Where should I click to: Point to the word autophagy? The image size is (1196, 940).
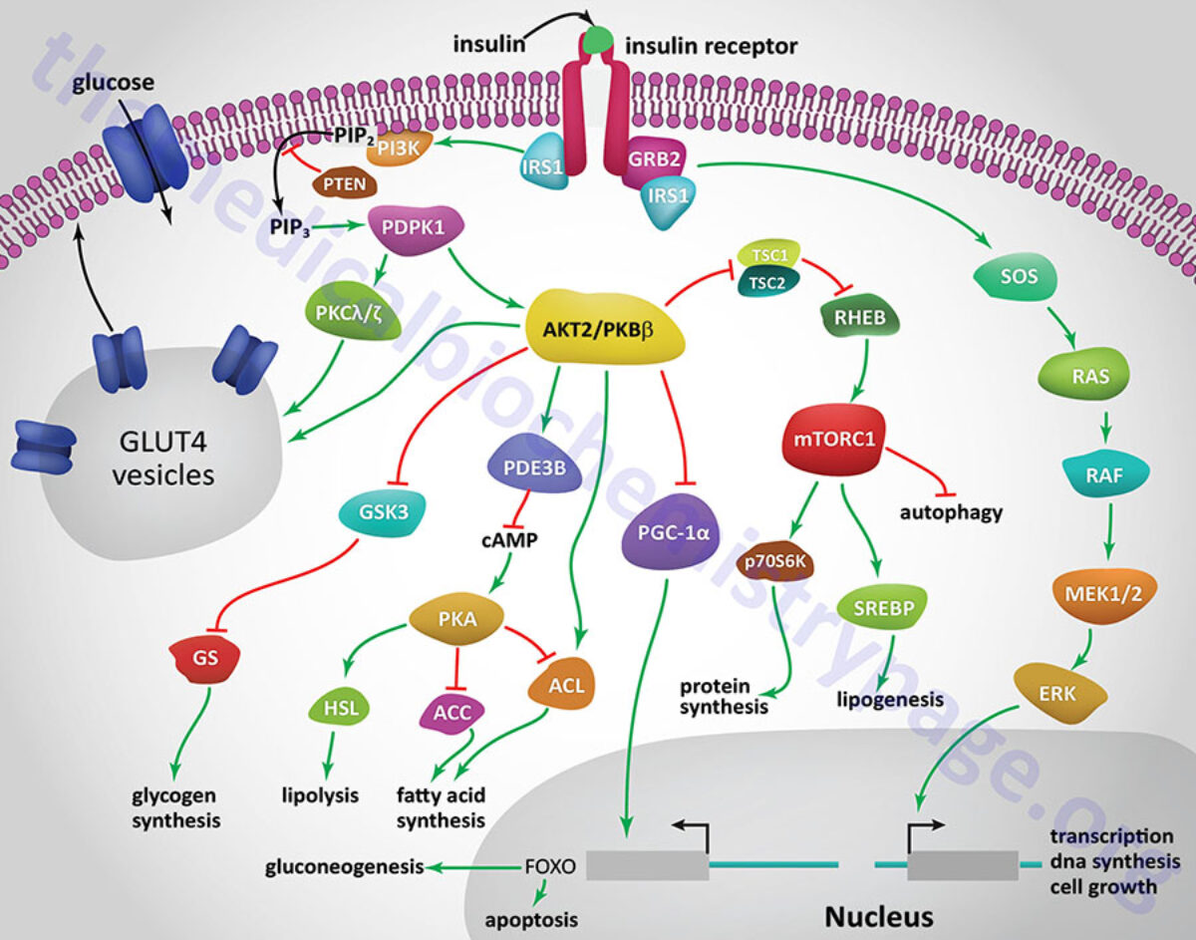tap(950, 514)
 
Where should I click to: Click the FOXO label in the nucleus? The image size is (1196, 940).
tap(549, 866)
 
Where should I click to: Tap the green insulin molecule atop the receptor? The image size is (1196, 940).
tap(599, 41)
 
